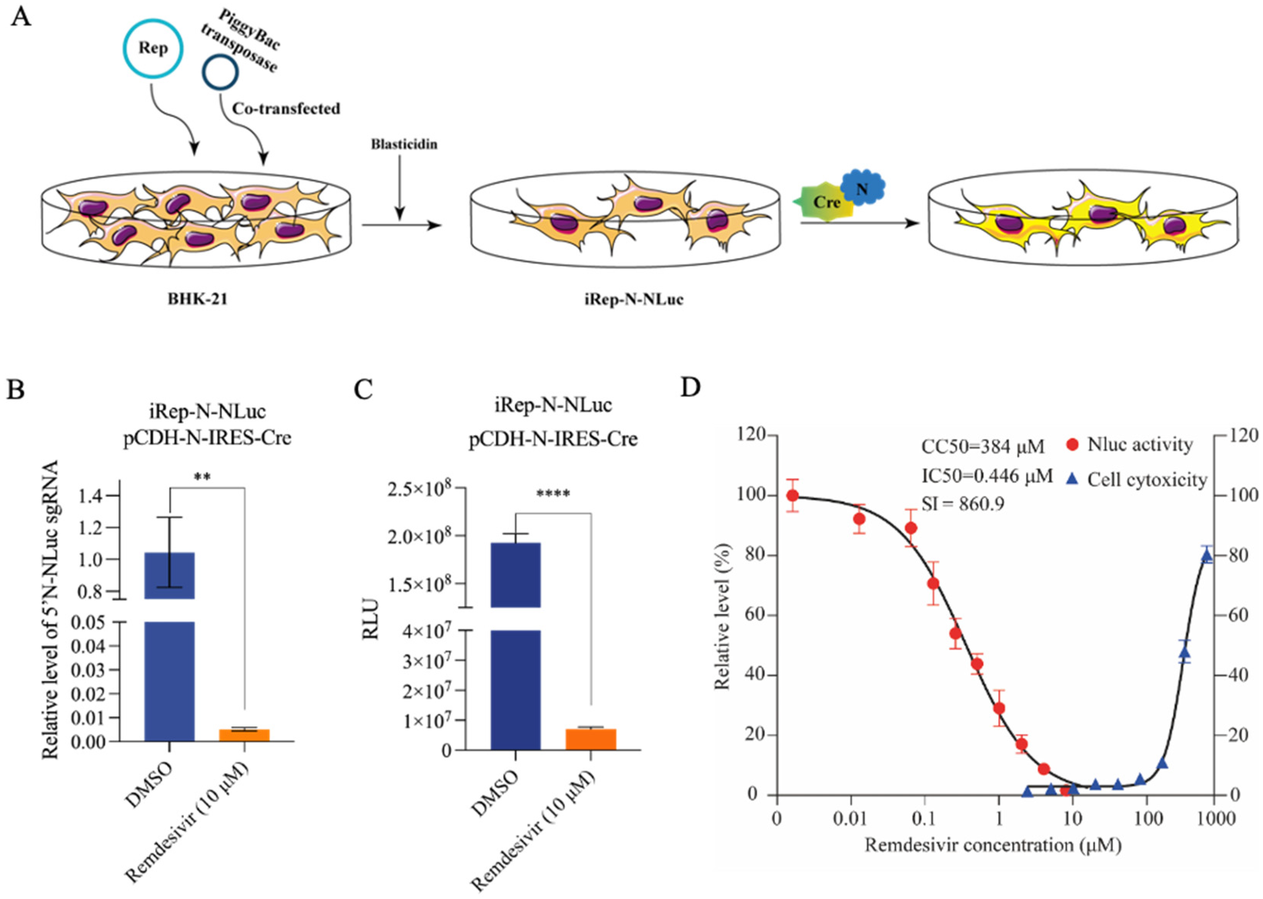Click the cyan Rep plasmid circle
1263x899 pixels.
coord(153,49)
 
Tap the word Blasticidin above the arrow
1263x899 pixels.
coord(404,144)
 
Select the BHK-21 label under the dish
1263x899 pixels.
coord(197,300)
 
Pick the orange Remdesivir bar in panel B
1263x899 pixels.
coord(244,735)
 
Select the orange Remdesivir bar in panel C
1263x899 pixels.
coord(591,740)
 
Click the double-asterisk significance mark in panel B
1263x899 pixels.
coord(202,477)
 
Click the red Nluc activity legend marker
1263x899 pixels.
coord(1072,445)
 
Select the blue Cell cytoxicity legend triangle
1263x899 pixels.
coord(1072,479)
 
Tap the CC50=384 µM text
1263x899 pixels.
coord(982,446)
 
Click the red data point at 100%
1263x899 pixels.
coord(793,495)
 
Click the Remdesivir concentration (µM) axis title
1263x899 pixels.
coord(993,846)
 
